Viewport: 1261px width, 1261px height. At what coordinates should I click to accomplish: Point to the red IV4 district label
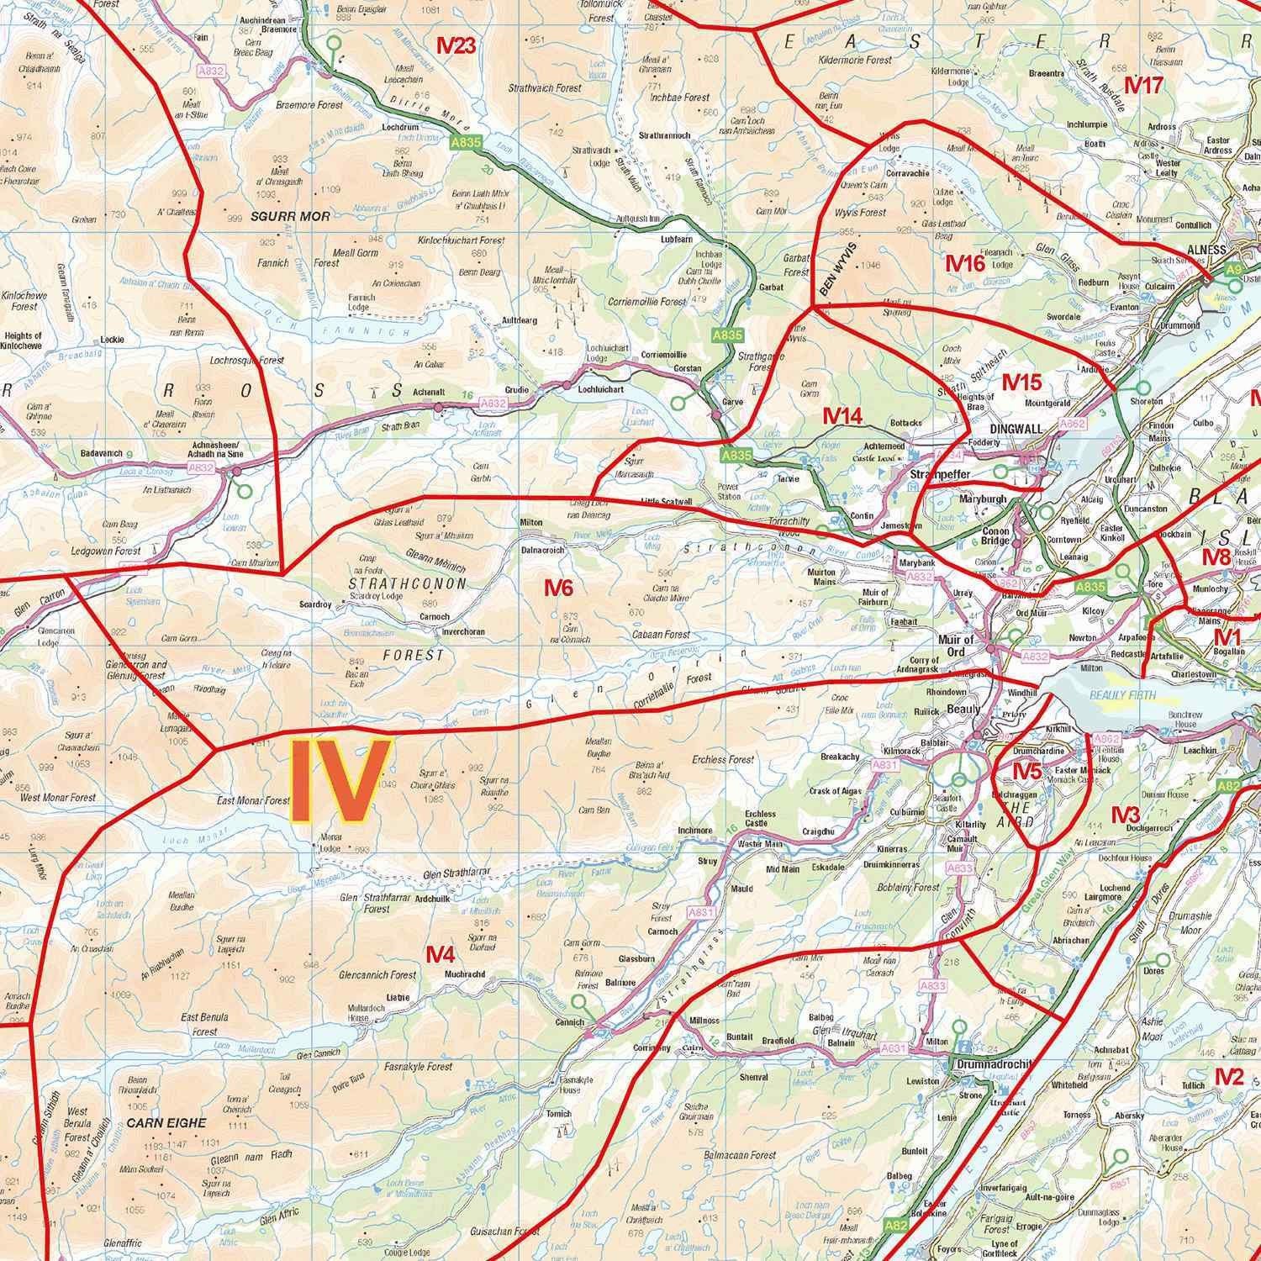(x=440, y=954)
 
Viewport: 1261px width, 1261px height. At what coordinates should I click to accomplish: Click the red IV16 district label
(x=964, y=263)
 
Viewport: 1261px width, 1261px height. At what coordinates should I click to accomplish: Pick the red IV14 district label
(x=842, y=415)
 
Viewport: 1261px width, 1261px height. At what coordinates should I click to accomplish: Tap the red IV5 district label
(x=1026, y=770)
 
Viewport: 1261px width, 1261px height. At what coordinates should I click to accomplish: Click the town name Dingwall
(x=1016, y=429)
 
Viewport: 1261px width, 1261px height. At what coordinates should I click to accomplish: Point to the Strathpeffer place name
(x=941, y=475)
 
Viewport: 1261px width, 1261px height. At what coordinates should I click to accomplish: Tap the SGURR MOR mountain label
(x=290, y=216)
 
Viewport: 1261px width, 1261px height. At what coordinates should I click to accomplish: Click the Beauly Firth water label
(x=1122, y=695)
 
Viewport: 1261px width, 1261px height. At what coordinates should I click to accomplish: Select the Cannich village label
(x=569, y=1022)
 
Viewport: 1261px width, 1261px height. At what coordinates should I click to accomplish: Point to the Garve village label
(x=732, y=402)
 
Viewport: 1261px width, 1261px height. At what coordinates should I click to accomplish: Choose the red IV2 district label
(x=1228, y=1076)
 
